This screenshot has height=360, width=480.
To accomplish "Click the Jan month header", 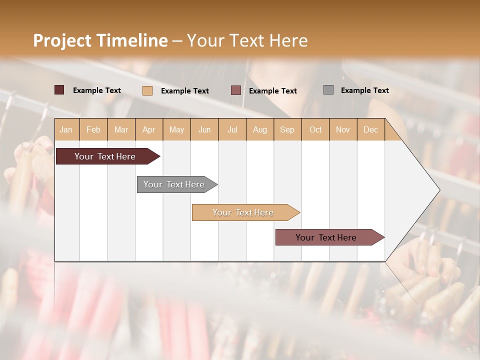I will (x=66, y=129).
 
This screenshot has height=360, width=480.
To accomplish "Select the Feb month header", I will (x=93, y=129).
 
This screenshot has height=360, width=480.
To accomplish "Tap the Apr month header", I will (x=149, y=129).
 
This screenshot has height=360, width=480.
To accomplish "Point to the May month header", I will (x=176, y=129).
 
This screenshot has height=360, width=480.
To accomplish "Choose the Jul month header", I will (x=232, y=129).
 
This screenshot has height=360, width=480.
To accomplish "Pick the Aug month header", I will (x=260, y=129).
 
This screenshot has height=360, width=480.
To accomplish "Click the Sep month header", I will (x=287, y=129).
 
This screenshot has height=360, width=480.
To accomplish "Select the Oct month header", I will (x=315, y=129).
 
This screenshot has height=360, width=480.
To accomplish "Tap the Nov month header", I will (x=343, y=129).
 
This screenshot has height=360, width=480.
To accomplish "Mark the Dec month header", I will (x=371, y=129).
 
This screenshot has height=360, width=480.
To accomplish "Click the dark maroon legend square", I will (x=59, y=90).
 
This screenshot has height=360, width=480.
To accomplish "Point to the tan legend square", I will (x=147, y=90).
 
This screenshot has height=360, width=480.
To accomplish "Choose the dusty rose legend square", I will (x=236, y=90).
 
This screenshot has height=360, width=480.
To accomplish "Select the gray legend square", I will (x=328, y=90).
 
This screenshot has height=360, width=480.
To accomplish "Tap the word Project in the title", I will (x=61, y=40).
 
